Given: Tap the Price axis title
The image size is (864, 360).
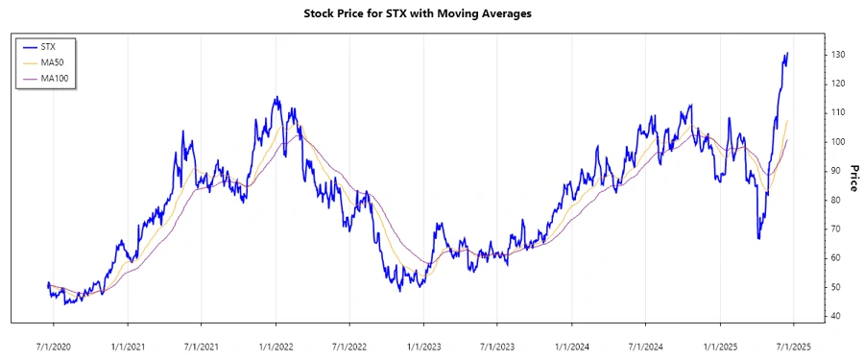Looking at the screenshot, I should click(852, 177).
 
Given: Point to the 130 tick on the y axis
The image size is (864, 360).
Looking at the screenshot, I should click(838, 55).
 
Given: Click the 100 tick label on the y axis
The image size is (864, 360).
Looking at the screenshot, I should click(838, 142).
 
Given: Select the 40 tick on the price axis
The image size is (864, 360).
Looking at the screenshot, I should click(836, 316).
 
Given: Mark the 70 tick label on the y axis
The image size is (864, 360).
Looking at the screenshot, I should click(836, 229).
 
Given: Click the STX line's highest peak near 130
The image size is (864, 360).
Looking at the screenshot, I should click(787, 54).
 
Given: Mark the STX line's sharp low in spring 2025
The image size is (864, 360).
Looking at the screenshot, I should click(758, 238).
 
